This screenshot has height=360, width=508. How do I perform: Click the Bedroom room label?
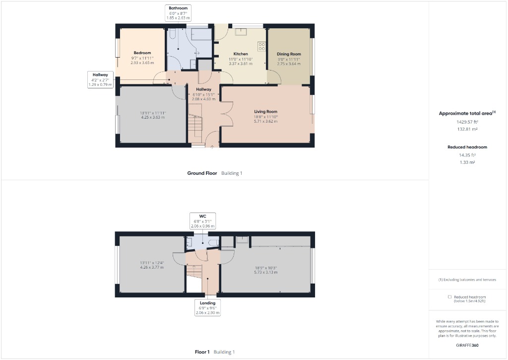pos(142,53)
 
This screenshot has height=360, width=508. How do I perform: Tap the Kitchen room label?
pos(241,54)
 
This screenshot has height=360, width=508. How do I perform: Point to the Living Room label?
pos(265,112)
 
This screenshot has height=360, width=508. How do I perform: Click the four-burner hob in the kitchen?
pos(261,47)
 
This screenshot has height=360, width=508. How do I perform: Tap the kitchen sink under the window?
pos(242,32)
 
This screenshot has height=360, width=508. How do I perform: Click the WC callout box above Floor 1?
pos(202,221)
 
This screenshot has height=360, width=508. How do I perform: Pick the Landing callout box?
pos(207,308)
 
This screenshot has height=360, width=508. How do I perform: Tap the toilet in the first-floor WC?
pos(213,242)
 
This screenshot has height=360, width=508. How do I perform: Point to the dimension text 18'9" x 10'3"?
pos(265,268)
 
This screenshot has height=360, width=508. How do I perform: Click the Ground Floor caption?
pos(202,173)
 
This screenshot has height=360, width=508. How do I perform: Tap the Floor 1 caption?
pos(203,352)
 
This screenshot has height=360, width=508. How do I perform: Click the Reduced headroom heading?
pos(467,147)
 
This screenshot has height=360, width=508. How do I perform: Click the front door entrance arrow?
pos(212,146)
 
